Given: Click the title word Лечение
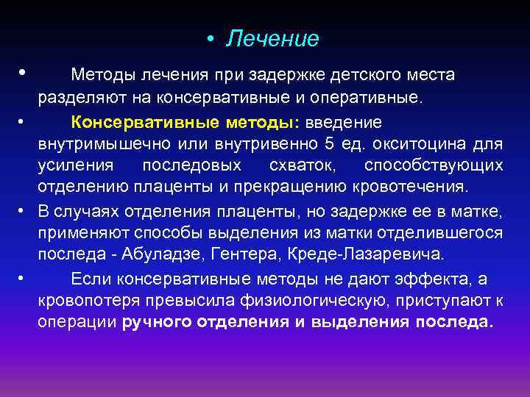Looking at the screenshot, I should [273, 38].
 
